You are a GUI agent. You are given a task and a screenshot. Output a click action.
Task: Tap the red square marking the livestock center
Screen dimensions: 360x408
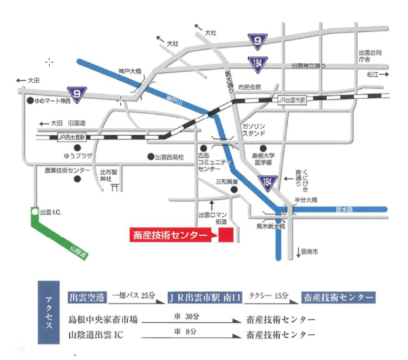(x=226, y=236)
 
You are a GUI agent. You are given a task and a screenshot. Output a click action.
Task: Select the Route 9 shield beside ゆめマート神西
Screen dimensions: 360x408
(x=77, y=93)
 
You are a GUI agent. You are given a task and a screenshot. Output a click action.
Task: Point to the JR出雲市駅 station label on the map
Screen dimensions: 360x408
(x=293, y=100)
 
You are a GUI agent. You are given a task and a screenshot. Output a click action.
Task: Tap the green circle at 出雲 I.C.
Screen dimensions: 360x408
(x=34, y=211)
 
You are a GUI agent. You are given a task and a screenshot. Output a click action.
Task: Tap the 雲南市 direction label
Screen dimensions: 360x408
(x=309, y=252)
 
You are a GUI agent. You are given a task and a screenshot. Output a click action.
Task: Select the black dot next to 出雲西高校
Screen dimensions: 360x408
(x=151, y=156)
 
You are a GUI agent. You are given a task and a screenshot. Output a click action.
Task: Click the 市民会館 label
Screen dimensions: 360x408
(x=249, y=87)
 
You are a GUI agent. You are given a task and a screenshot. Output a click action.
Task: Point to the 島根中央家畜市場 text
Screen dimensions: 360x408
(x=102, y=319)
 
